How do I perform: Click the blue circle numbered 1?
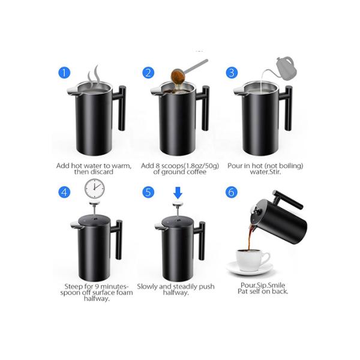point(65,73)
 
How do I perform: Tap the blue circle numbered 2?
point(148,73)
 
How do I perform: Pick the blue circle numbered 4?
point(65,193)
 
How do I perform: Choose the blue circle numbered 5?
point(148,193)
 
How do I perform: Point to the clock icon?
point(94,188)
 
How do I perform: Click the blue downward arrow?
point(177,193)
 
